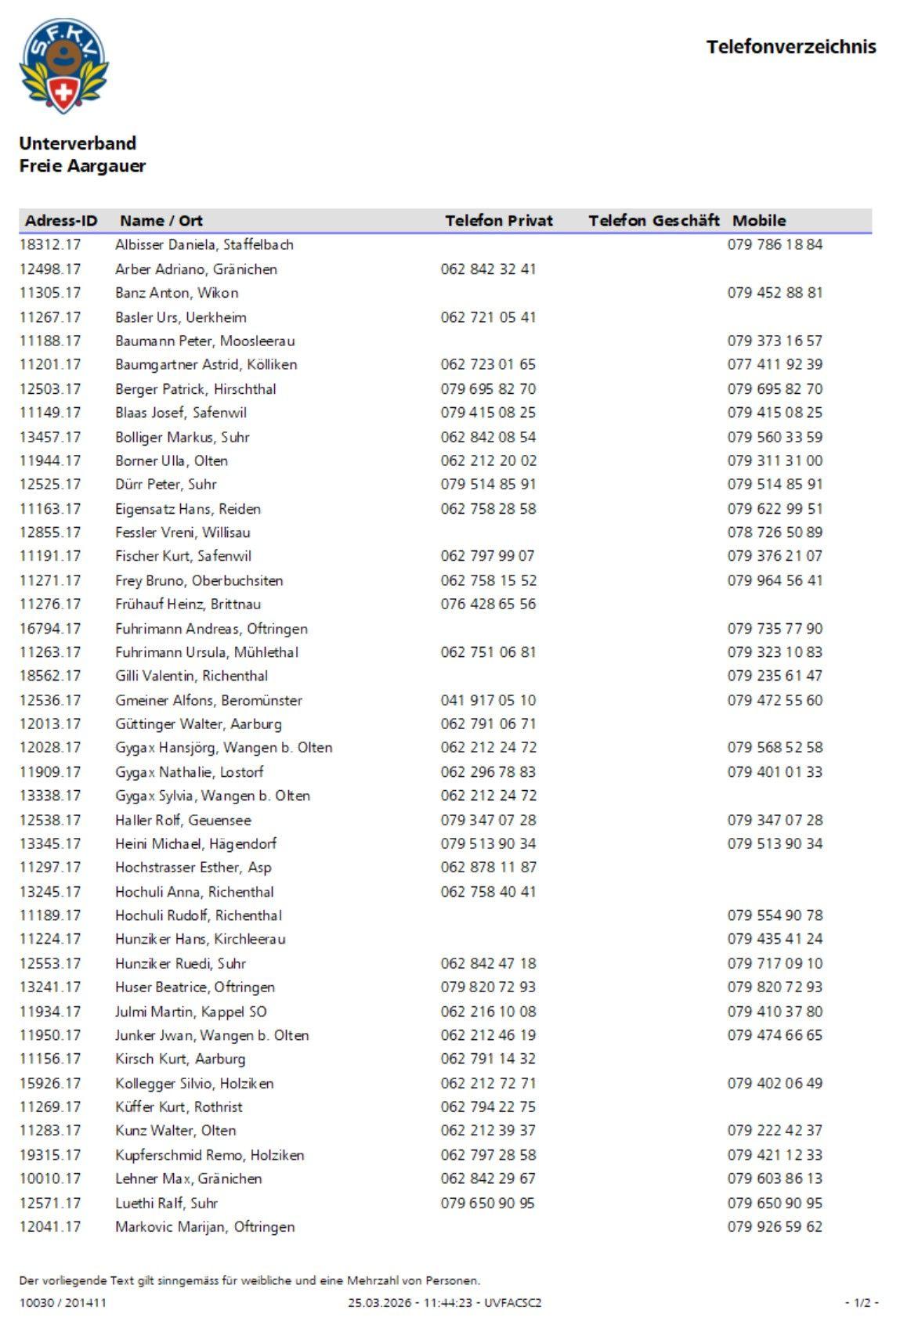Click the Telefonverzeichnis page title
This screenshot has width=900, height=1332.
pos(790,47)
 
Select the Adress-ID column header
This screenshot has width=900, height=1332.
pos(61,221)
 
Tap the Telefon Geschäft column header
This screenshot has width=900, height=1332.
pos(653,221)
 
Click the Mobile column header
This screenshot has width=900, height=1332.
pos(758,221)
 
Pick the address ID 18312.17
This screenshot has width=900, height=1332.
pos(50,245)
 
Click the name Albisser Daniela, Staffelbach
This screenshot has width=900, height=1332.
pos(204,245)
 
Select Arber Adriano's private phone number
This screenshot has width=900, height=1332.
pos(488,269)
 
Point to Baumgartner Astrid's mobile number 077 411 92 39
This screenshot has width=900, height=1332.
pos(774,365)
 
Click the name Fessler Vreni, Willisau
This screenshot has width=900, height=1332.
pos(183,532)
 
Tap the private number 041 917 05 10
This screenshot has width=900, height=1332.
pos(488,700)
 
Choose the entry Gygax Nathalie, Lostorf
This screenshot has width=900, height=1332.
pos(189,772)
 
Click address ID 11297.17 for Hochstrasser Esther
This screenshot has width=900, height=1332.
pos(50,868)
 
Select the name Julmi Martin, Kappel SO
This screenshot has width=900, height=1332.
pos(190,1012)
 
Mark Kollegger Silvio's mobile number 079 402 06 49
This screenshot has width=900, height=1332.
pos(774,1084)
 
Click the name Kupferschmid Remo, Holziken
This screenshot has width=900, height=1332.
pos(209,1155)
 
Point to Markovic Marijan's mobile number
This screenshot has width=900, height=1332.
pos(774,1227)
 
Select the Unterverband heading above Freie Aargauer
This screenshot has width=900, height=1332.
pos(78,143)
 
